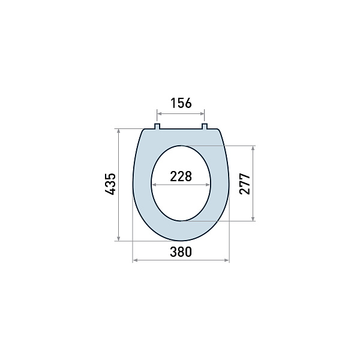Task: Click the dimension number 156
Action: pyautogui.click(x=181, y=103)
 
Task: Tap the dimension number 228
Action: pyautogui.click(x=181, y=176)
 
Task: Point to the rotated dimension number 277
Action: pyautogui.click(x=244, y=184)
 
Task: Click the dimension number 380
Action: pyautogui.click(x=181, y=252)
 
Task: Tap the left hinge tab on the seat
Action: pyautogui.click(x=157, y=126)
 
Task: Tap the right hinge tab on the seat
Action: pyautogui.click(x=204, y=126)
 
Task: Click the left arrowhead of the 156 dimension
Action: pyautogui.click(x=159, y=113)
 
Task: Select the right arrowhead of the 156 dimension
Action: pyautogui.click(x=203, y=113)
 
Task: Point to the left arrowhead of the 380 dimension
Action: pyautogui.click(x=135, y=260)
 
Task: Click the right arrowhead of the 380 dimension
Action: pyautogui.click(x=227, y=260)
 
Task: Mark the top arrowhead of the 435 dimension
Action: pyautogui.click(x=119, y=130)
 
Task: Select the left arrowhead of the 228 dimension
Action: pyautogui.click(x=153, y=185)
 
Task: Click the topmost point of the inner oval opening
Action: pyautogui.click(x=181, y=145)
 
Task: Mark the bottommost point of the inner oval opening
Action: pyautogui.click(x=181, y=221)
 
